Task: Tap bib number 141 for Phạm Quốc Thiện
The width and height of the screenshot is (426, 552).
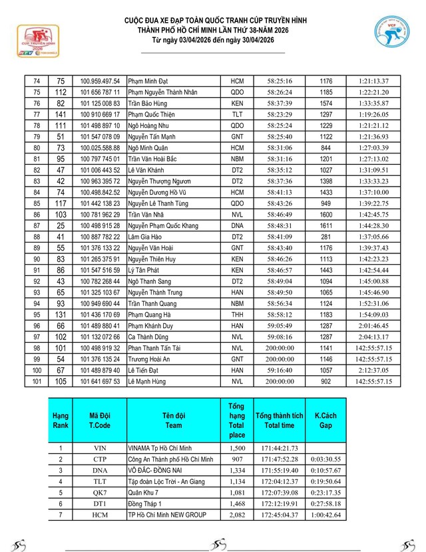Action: coord(61,114)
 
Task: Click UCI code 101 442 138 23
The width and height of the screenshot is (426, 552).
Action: coord(100,203)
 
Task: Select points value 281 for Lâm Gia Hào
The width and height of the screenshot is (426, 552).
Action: coord(325,237)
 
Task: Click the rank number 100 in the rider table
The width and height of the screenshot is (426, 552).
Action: coord(37,370)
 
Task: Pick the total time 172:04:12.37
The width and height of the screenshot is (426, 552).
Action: coord(279,481)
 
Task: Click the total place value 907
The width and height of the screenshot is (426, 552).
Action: coord(236,459)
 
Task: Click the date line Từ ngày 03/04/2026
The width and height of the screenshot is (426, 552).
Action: coord(212,40)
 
